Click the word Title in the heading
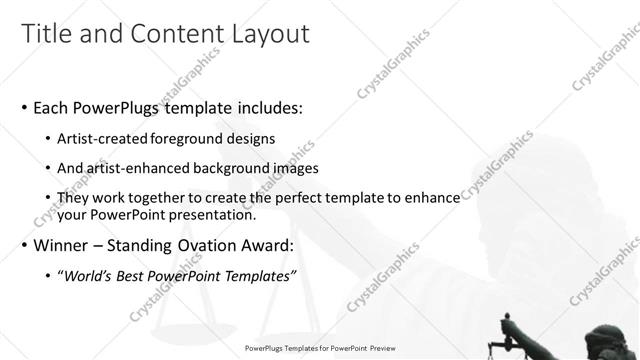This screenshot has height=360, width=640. pos(47,33)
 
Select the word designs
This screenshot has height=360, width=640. pos(252,138)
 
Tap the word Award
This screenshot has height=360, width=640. pos(295,245)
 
